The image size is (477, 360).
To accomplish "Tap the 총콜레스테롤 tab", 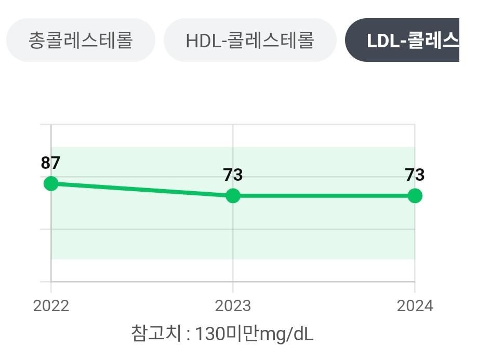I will [81, 40].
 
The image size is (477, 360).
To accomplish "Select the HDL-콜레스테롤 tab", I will [249, 40].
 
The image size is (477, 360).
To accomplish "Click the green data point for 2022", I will [51, 183].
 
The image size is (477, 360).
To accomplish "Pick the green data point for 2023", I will [233, 196].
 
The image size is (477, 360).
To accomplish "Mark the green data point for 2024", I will [415, 196].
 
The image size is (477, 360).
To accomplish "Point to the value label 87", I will [51, 163].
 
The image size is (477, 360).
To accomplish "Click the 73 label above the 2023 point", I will [233, 176].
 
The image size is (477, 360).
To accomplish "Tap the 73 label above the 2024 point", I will [415, 176].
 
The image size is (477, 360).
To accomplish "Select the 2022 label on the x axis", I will [51, 305].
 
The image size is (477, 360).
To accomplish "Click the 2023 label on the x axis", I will [233, 305].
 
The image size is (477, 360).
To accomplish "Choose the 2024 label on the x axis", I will [415, 305].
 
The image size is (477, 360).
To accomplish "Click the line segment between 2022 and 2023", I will [142, 190].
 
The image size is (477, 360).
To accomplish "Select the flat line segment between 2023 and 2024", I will [324, 196].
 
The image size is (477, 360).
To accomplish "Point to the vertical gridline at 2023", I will [233, 244].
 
